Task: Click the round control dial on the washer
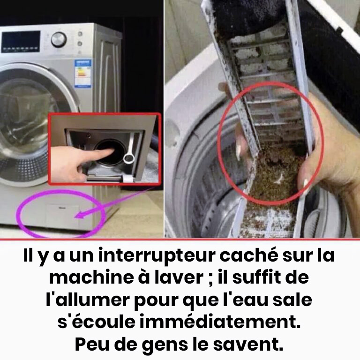click(59, 39)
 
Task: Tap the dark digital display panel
click(21, 42)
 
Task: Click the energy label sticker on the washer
click(83, 74)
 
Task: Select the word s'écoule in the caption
click(97, 322)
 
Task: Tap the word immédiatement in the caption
click(220, 322)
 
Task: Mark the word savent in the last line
click(248, 344)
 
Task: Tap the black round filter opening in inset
click(107, 151)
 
